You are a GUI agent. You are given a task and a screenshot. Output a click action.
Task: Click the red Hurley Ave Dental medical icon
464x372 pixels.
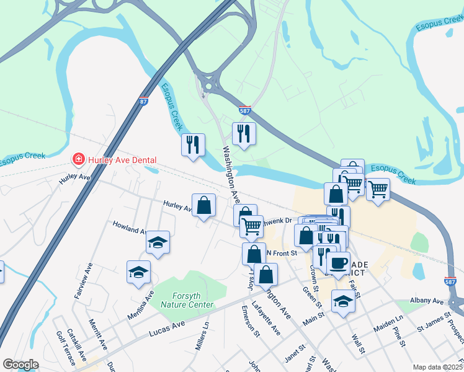coord(79,160)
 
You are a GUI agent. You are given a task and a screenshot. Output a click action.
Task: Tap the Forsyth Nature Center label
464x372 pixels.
coord(187,300)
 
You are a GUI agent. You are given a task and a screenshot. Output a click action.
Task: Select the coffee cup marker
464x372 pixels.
coord(338,263)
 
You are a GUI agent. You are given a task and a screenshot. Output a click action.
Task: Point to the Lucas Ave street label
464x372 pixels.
coord(167,329)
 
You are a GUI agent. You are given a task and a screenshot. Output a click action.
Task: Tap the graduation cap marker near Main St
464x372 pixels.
coord(343,301)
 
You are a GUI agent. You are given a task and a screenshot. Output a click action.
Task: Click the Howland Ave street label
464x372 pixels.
coord(129,227)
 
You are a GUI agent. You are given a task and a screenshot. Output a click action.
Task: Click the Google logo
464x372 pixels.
coord(20,365)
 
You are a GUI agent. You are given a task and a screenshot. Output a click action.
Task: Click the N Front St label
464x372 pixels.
coord(282,252)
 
